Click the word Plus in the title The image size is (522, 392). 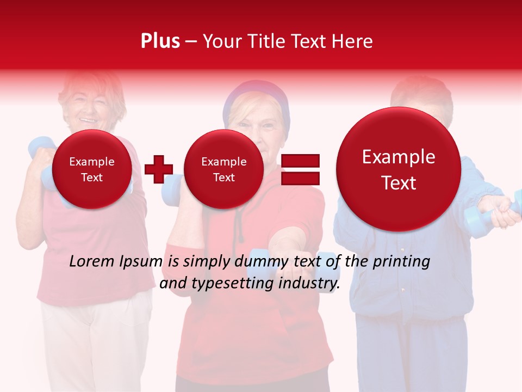pyautogui.click(x=160, y=41)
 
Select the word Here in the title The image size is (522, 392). pyautogui.click(x=354, y=41)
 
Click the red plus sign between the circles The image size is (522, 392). pyautogui.click(x=158, y=169)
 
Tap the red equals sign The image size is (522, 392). pyautogui.click(x=300, y=169)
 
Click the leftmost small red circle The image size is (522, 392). pyautogui.click(x=91, y=169)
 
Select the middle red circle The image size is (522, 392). pyautogui.click(x=223, y=169)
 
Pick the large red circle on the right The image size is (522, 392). pyautogui.click(x=399, y=169)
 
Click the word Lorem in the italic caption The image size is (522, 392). pyautogui.click(x=89, y=262)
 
